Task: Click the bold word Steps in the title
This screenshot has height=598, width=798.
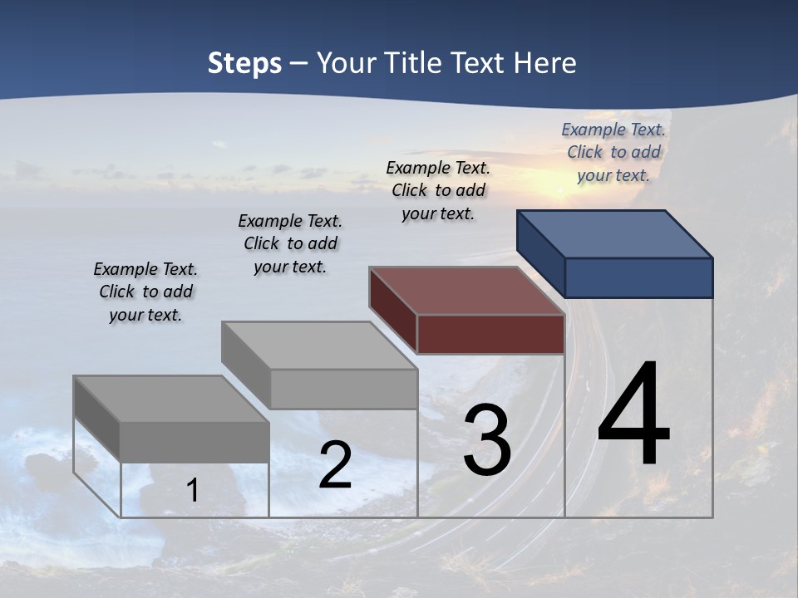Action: tap(244, 63)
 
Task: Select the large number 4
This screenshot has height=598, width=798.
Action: tap(633, 414)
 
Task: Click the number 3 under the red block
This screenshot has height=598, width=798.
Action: tap(487, 441)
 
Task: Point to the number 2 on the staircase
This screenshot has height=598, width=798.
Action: tap(335, 465)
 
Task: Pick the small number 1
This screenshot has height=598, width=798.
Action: tap(193, 490)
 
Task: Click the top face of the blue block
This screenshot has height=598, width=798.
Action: tap(615, 233)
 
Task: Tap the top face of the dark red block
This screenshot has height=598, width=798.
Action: tap(467, 291)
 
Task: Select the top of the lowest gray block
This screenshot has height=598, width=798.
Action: tap(170, 399)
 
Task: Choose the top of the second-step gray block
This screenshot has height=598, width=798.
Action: tap(319, 346)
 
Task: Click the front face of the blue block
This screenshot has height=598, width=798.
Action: tap(638, 277)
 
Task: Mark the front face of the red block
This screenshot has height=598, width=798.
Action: tap(490, 335)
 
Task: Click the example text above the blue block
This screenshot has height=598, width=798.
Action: tap(613, 152)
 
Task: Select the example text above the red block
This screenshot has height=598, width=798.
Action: tap(438, 190)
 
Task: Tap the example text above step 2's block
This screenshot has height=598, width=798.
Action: tap(290, 243)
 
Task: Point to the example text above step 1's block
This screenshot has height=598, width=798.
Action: tap(145, 292)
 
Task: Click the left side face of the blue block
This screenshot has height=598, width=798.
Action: tap(540, 253)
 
